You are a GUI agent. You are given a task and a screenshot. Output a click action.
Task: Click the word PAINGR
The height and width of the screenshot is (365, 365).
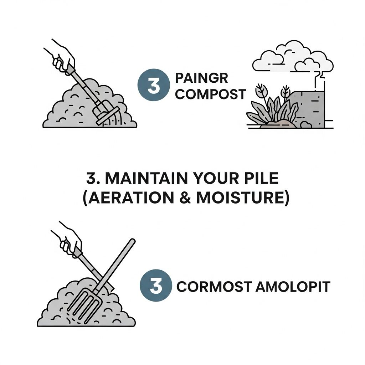tap(202, 78)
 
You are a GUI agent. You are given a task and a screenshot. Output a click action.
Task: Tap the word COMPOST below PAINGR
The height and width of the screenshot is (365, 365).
tap(210, 94)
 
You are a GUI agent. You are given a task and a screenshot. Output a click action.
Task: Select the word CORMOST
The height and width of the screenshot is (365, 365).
tap(214, 287)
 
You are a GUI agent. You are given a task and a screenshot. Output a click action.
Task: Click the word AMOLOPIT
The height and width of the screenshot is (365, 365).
tap(293, 287)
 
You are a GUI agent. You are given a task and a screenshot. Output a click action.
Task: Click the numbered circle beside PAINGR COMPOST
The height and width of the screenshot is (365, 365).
tap(154, 85)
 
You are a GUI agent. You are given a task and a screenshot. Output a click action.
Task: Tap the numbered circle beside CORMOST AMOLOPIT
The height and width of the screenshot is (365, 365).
tap(156, 286)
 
